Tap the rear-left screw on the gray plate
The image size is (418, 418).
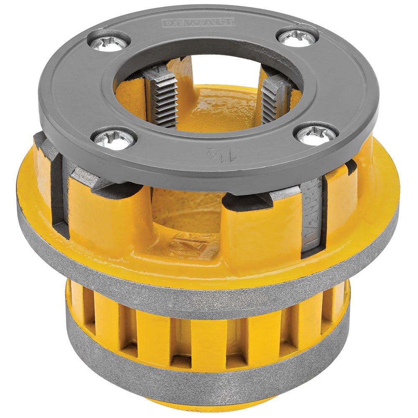coord(109,43)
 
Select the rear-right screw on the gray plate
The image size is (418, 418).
coord(297,38)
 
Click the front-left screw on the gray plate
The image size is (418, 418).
coord(114,138)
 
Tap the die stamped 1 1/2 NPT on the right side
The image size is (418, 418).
coord(312,213)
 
